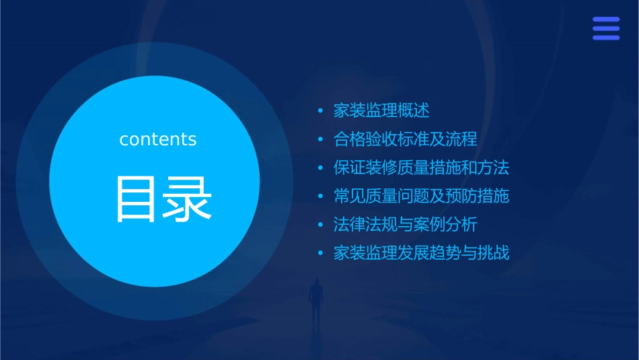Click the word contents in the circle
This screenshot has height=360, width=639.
pos(158,139)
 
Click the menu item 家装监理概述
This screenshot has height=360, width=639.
pos(381,110)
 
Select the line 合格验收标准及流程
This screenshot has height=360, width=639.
pos(405,139)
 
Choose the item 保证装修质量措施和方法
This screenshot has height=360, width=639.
pos(421,168)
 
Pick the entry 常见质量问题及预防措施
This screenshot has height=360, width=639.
pos(421,196)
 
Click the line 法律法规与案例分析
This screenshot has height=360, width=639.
pos(405,225)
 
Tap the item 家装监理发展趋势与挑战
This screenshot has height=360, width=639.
pos(421,254)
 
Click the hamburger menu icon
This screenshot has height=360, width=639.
pos(606,28)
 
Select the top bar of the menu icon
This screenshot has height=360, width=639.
pos(606,19)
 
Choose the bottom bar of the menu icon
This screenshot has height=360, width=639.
pos(606,38)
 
